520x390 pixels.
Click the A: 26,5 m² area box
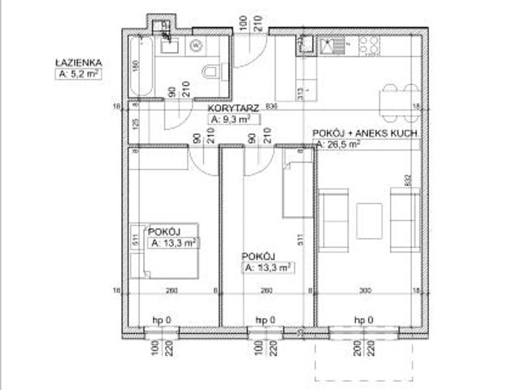tap(337, 144)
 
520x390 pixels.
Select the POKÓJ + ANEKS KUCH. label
tap(365, 132)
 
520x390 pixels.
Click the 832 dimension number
tap(411, 181)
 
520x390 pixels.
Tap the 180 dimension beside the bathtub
tap(136, 64)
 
